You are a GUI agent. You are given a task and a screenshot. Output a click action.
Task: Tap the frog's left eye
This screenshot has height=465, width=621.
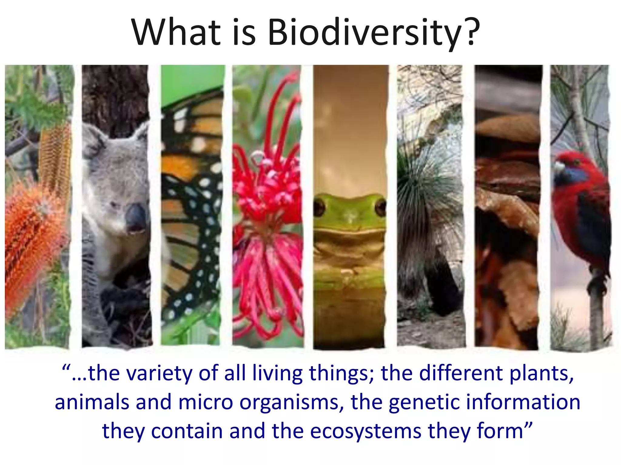pos(319,208)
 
